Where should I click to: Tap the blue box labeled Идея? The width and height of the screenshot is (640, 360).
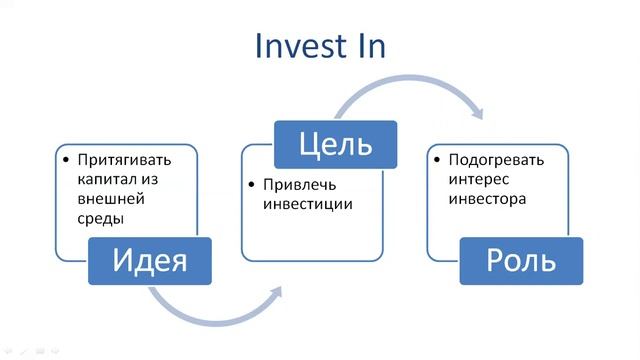[150, 262]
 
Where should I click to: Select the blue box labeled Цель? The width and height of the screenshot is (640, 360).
[335, 145]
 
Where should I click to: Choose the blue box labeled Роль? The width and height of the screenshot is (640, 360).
[520, 262]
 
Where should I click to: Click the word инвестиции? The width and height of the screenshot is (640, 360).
[309, 205]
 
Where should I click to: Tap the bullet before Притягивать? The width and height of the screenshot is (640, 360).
[66, 160]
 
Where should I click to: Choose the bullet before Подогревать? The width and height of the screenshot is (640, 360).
[436, 160]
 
